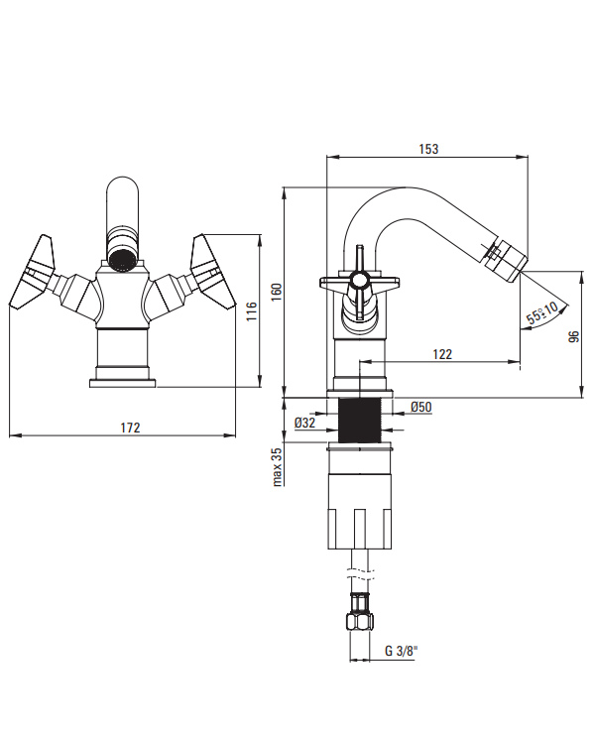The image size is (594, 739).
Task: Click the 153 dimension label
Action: [428, 149]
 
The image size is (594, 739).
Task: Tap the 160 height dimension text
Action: [277, 292]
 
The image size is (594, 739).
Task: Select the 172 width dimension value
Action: [130, 428]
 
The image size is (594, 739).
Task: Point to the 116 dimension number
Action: [252, 311]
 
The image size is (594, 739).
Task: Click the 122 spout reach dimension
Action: [442, 354]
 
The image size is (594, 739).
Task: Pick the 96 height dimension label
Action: [574, 336]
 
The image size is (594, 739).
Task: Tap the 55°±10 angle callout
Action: [541, 312]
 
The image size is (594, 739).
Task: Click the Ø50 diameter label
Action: [420, 407]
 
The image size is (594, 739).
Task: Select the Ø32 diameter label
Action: [304, 423]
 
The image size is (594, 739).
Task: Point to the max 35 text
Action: [277, 466]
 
